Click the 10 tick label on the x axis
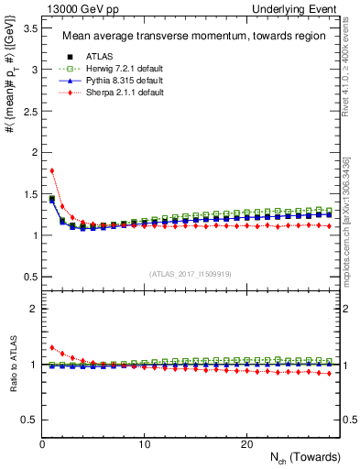pos(144,444)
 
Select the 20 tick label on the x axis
pos(245,444)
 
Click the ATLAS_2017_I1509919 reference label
pos(190,272)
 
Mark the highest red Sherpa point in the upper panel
pos(52,170)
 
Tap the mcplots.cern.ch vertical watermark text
pos(350,229)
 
